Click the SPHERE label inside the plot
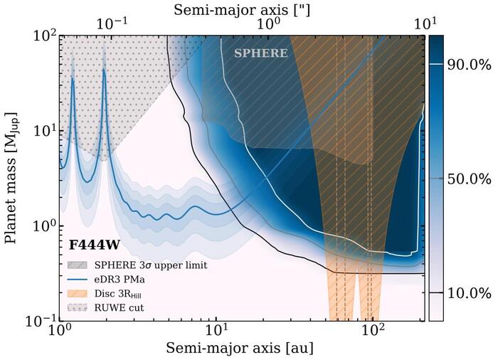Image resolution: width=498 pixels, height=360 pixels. click(x=261, y=53)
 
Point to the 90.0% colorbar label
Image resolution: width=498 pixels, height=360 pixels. click(x=469, y=65)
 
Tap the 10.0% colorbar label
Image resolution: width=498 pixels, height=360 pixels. click(x=469, y=293)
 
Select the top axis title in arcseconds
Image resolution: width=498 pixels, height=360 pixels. click(x=242, y=9)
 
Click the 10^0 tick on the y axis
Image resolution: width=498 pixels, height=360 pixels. click(x=42, y=226)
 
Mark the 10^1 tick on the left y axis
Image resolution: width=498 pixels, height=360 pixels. click(x=42, y=131)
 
